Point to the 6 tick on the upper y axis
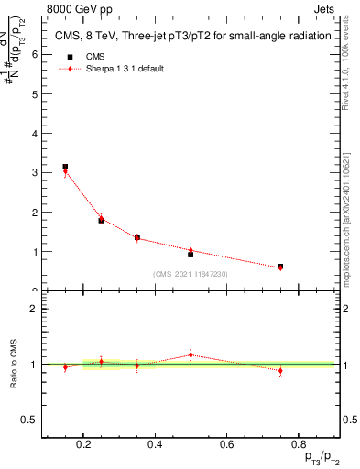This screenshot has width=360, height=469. coord(33,54)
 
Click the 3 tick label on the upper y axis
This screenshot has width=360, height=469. coord(33,172)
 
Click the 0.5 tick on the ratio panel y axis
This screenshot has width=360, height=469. coord(29,420)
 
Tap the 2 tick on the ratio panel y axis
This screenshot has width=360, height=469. coord(33,309)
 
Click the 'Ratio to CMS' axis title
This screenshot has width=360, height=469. coord(13,365)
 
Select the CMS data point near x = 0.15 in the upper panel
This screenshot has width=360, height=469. coord(65,167)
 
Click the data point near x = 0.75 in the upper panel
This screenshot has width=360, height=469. coord(280,267)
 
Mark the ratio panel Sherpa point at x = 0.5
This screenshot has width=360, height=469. coord(191,354)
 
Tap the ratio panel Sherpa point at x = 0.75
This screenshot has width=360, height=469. coord(280,370)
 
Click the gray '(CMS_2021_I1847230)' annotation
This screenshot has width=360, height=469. coord(191,274)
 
